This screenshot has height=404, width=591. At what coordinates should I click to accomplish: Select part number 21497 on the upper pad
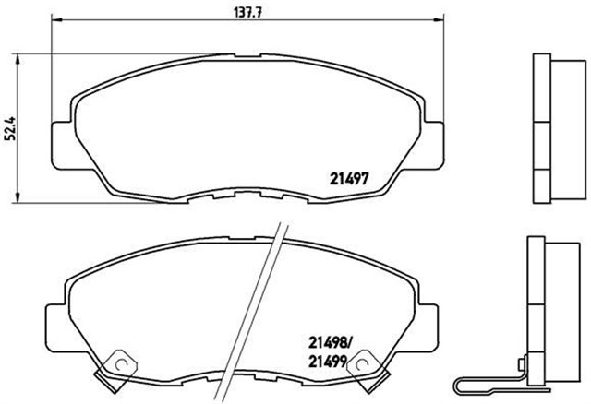tap(350, 180)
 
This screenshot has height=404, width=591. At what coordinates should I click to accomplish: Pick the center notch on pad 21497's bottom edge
tap(247, 196)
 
